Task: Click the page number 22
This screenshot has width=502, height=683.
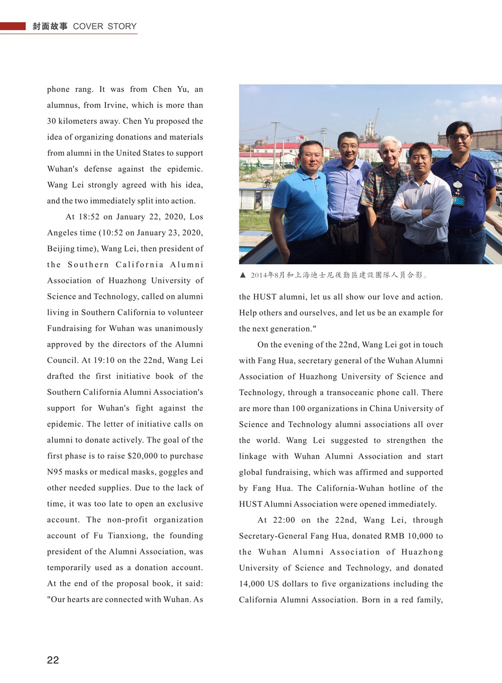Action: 53,660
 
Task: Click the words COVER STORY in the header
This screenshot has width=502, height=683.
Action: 104,26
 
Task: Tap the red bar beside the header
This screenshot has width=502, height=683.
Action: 13,26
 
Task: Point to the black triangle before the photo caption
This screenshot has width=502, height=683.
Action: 243,275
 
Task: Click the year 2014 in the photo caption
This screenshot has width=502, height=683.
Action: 259,275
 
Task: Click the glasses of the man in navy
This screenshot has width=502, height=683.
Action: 459,137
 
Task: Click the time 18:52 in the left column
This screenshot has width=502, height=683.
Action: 89,217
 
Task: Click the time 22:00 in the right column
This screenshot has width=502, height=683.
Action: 284,520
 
